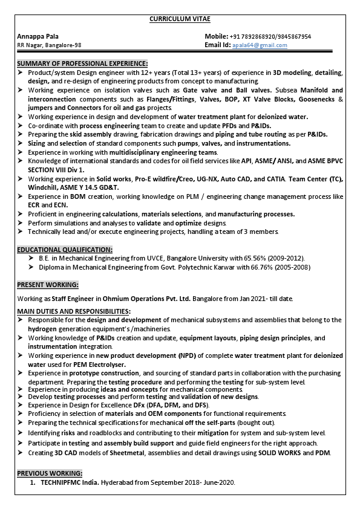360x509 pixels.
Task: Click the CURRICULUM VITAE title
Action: (180, 19)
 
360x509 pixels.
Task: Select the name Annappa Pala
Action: (38, 36)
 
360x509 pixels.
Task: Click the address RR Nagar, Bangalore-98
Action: (49, 45)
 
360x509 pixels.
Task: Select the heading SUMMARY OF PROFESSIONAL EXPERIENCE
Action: (82, 63)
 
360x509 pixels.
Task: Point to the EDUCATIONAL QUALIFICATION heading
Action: (65, 249)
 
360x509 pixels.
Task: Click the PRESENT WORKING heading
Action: (48, 284)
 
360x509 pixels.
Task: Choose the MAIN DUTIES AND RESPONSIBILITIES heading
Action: (74, 311)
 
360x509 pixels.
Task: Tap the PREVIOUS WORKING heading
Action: (50, 473)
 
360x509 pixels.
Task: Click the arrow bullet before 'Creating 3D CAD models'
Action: (21, 453)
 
